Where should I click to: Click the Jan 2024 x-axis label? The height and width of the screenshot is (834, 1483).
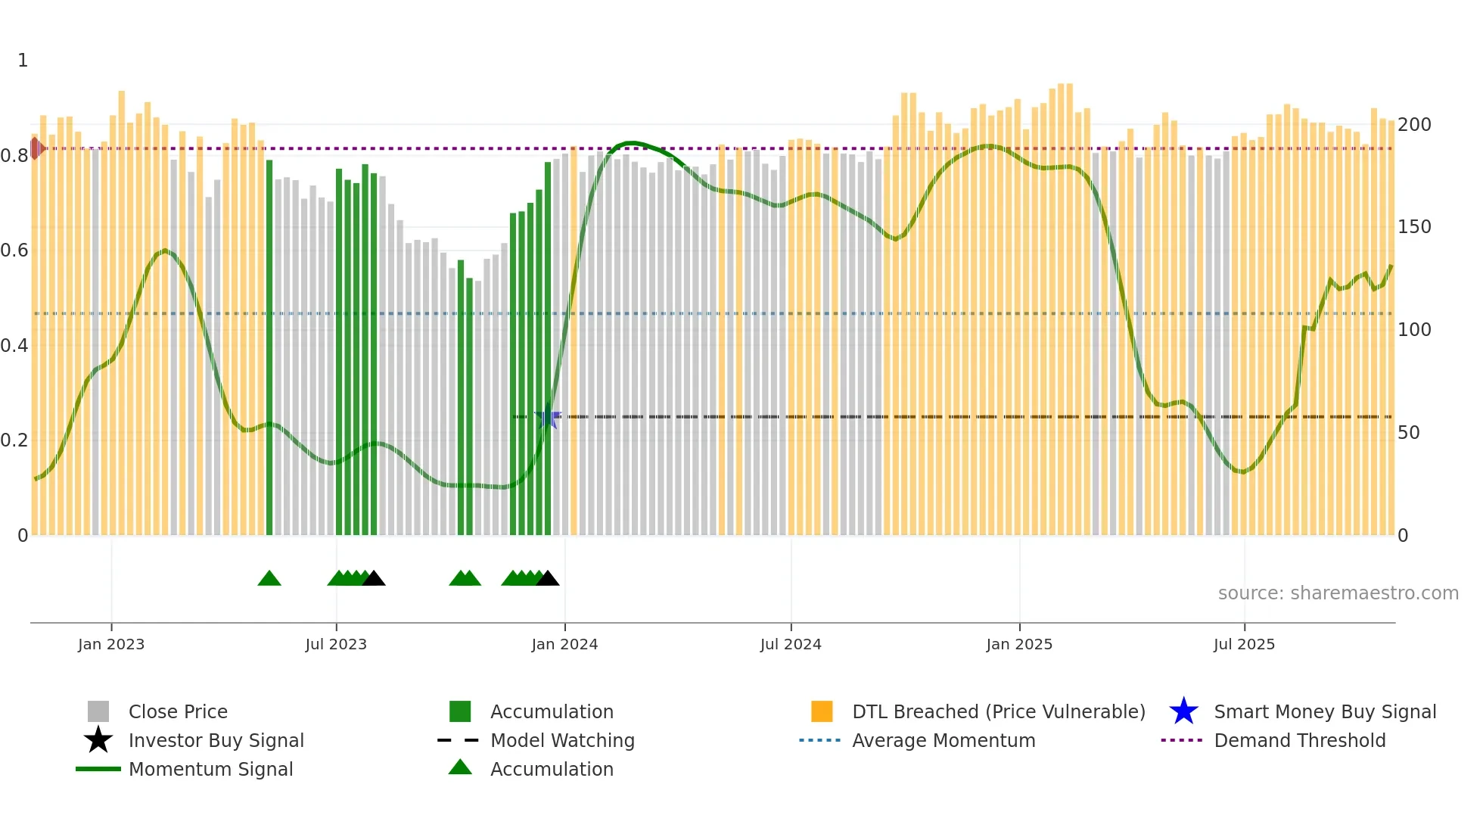click(x=564, y=644)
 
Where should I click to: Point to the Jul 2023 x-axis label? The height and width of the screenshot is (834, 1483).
click(x=336, y=644)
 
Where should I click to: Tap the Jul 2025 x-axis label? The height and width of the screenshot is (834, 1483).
click(x=1244, y=644)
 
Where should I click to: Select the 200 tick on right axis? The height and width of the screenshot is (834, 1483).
click(x=1413, y=124)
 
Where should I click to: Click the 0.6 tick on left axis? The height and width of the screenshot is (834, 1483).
click(x=14, y=251)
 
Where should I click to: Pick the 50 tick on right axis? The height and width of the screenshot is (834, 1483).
click(x=1409, y=433)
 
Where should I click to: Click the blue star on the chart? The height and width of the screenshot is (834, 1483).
click(x=548, y=418)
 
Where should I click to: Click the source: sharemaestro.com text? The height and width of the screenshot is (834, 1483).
click(x=1338, y=593)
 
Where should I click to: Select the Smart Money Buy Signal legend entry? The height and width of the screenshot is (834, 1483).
click(x=1324, y=711)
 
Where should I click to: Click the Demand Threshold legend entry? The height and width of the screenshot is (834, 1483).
click(x=1299, y=740)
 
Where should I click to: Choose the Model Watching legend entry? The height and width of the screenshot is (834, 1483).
click(x=561, y=740)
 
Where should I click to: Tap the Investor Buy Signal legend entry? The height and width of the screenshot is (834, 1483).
click(x=216, y=740)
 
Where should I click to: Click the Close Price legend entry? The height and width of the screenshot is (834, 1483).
click(x=177, y=711)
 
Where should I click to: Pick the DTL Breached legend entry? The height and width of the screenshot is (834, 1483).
click(x=998, y=711)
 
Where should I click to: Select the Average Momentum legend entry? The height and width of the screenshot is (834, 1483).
click(x=943, y=740)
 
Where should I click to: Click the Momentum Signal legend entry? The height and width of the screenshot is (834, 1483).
click(x=210, y=769)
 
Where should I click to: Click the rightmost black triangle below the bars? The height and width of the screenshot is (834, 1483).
click(x=547, y=579)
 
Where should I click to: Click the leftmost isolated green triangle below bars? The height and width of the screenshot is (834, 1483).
click(x=269, y=579)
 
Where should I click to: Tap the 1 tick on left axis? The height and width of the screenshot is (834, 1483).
click(x=23, y=61)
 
